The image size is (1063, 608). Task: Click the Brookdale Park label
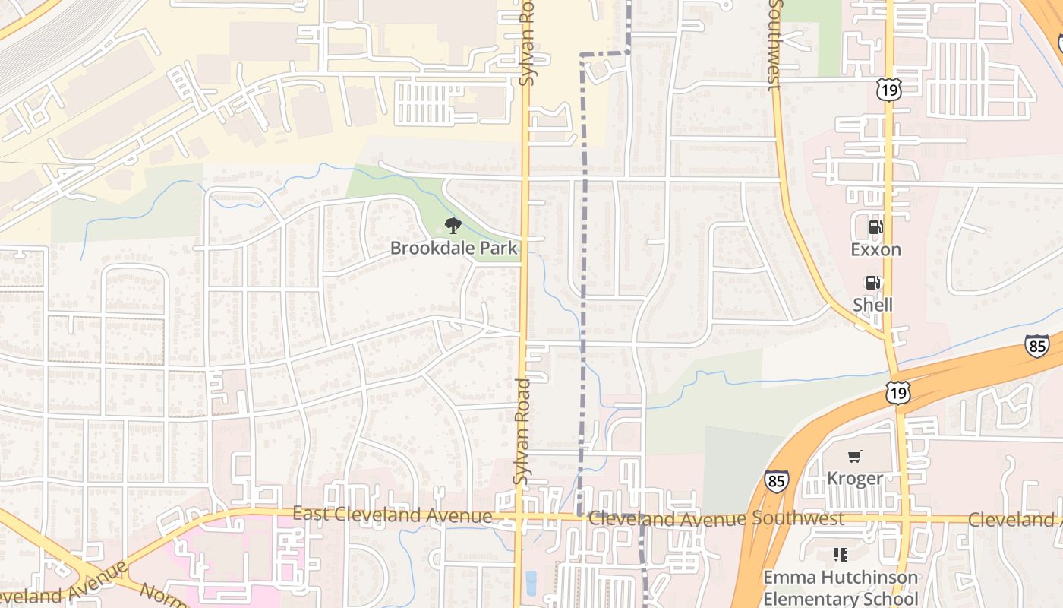453,248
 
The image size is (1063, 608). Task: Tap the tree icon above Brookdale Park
453,225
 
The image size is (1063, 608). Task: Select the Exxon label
875,249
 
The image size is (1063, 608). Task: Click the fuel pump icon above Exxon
875,227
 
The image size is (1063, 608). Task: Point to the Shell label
872,305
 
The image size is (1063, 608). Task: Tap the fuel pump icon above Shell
872,283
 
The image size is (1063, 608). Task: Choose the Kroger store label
855,478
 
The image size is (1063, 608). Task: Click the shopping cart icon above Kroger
855,457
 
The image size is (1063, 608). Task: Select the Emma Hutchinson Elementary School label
841,587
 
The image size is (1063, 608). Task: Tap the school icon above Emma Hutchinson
841,554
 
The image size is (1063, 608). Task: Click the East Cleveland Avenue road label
392,515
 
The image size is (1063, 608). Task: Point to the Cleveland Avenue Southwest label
716,518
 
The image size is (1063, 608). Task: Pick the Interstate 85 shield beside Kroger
776,481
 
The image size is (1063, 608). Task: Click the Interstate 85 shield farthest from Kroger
1036,346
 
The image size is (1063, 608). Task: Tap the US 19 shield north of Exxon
888,90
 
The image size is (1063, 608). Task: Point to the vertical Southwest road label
774,46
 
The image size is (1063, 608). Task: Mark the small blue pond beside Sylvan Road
530,581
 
